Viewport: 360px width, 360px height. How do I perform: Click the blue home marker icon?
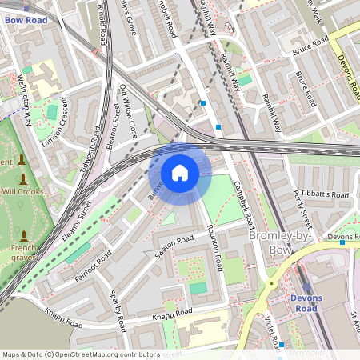tap(180, 173)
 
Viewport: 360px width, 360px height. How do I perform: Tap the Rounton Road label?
tap(212, 243)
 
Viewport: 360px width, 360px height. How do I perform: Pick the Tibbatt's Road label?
tap(326, 195)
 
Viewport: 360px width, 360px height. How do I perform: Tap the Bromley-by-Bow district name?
tap(279, 242)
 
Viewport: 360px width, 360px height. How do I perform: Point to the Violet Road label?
tap(271, 330)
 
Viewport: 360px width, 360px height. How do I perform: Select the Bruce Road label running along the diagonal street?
tap(305, 90)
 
